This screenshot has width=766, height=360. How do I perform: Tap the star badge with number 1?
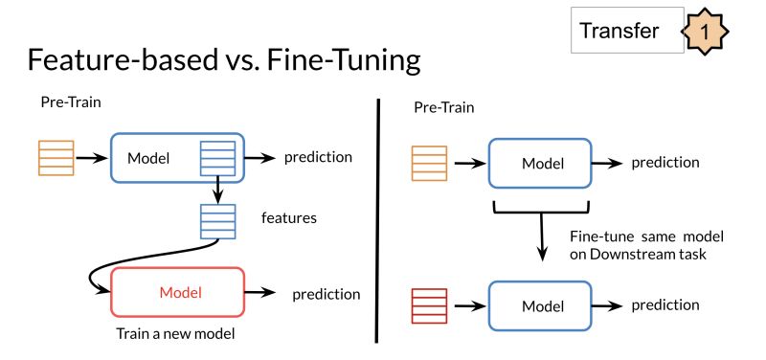coord(706,32)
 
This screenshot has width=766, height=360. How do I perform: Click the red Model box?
coord(179,292)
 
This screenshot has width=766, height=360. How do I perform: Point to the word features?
coord(288,218)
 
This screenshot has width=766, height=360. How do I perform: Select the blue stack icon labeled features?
coord(217,221)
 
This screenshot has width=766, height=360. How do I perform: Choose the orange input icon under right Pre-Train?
coord(429,162)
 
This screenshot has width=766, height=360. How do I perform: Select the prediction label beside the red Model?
coord(326,294)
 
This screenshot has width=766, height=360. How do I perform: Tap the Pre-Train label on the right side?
coord(443,107)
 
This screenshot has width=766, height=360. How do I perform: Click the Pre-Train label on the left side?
coord(70,101)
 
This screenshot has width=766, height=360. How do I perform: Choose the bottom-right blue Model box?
coord(538,306)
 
